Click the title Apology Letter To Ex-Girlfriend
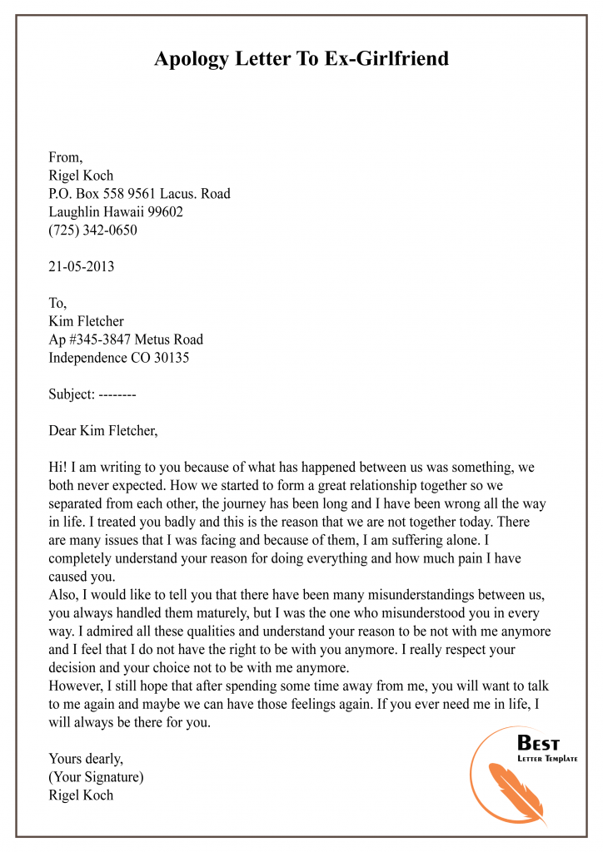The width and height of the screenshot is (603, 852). [301, 59]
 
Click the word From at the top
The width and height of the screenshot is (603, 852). [65, 157]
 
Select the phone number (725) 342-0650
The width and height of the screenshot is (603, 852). [93, 230]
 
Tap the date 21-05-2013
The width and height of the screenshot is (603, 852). [82, 267]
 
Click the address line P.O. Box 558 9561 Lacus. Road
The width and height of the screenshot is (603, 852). [140, 194]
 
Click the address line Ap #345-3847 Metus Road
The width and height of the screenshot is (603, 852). [126, 340]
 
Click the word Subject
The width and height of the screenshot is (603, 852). [71, 395]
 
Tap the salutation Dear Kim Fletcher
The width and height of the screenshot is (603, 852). [103, 432]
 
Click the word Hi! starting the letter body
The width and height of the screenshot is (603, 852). [58, 468]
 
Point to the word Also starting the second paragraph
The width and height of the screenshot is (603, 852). [64, 597]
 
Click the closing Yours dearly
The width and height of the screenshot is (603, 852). [86, 758]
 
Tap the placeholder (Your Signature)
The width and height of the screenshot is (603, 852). [96, 776]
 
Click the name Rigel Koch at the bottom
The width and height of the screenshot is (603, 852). [81, 795]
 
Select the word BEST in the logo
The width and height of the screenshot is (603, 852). [539, 743]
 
